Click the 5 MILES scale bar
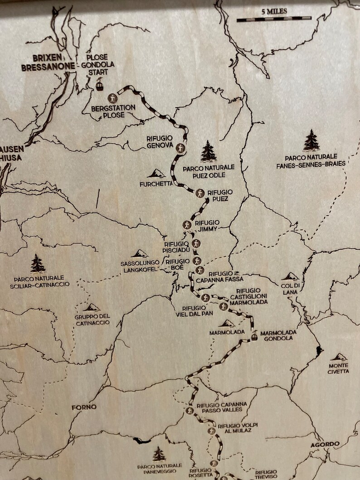pyautogui.click(x=274, y=19)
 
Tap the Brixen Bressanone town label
pyautogui.click(x=41, y=63)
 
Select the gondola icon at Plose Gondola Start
pyautogui.click(x=100, y=85)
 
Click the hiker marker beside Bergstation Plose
pyautogui.click(x=112, y=98)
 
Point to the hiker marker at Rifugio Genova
pyautogui.click(x=180, y=148)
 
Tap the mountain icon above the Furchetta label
pyautogui.click(x=156, y=173)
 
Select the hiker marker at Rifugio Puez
pyautogui.click(x=199, y=194)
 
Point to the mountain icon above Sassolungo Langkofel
pyautogui.click(x=139, y=253)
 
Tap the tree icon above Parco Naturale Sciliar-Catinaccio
pyautogui.click(x=38, y=263)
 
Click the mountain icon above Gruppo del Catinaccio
pyautogui.click(x=92, y=307)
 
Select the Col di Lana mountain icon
pyautogui.click(x=290, y=276)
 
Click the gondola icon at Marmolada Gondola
pyautogui.click(x=255, y=335)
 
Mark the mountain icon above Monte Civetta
pyautogui.click(x=338, y=357)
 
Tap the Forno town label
pyautogui.click(x=84, y=407)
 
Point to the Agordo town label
pyautogui.click(x=325, y=444)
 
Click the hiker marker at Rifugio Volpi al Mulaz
pyautogui.click(x=211, y=431)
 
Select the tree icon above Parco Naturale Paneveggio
pyautogui.click(x=159, y=454)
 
